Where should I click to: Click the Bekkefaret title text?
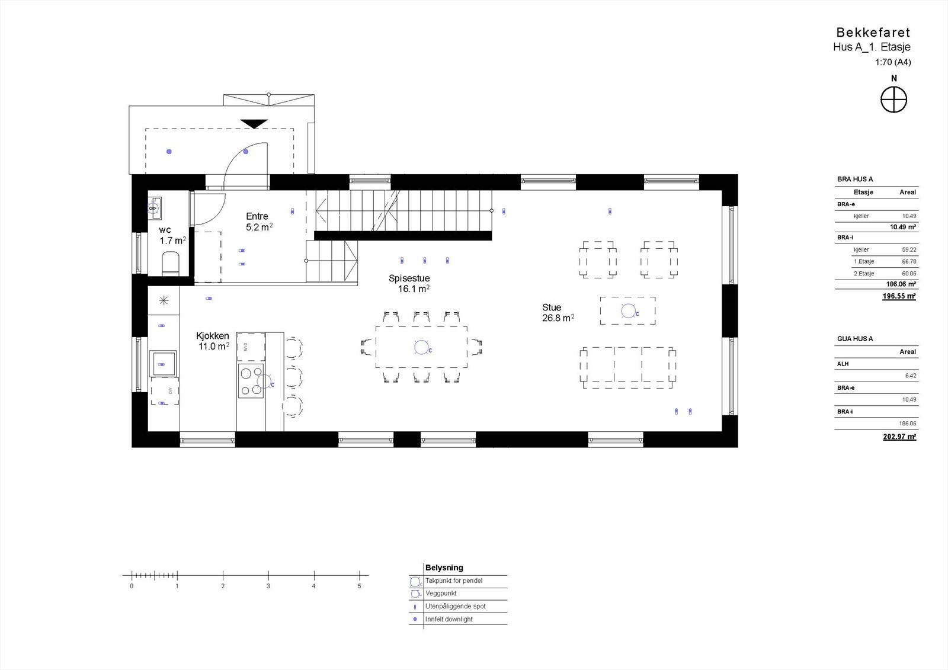[x=873, y=33]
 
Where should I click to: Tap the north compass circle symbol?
[x=893, y=100]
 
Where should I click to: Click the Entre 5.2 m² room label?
[x=258, y=222]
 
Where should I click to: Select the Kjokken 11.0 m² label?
[x=213, y=341]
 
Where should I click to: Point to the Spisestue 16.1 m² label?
[x=409, y=283]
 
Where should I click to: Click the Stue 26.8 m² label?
[x=557, y=312]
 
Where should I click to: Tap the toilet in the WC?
[x=171, y=263]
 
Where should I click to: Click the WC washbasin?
[x=154, y=208]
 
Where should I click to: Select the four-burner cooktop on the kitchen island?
[x=251, y=381]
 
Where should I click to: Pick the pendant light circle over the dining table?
[x=421, y=347]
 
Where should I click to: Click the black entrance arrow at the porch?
[x=254, y=124]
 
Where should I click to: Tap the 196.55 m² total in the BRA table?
[x=899, y=296]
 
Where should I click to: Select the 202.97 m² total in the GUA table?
[x=899, y=437]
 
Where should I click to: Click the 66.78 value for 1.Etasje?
[x=908, y=261]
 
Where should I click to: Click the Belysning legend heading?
[x=444, y=568]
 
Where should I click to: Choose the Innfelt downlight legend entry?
[x=449, y=619]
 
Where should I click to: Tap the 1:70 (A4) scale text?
[x=893, y=62]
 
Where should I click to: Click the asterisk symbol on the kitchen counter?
[x=164, y=300]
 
